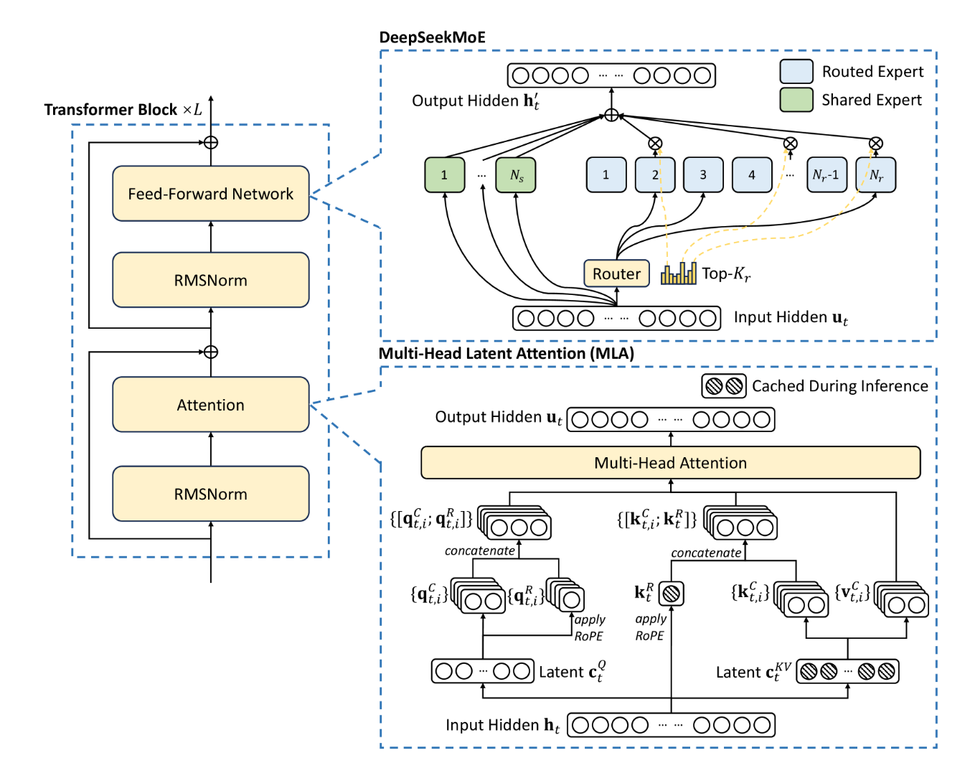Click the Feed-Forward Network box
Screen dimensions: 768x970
pyautogui.click(x=210, y=194)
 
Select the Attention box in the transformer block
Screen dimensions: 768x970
pyautogui.click(x=210, y=405)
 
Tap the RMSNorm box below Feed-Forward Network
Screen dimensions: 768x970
pyautogui.click(x=210, y=280)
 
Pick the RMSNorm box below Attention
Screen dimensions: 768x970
pyautogui.click(x=210, y=494)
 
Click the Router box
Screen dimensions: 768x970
pyautogui.click(x=616, y=273)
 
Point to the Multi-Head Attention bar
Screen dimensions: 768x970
pyautogui.click(x=670, y=463)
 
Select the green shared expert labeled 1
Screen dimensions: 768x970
pyautogui.click(x=444, y=175)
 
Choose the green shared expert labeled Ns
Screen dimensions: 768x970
pyautogui.click(x=516, y=175)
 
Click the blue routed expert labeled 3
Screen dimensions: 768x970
pyautogui.click(x=703, y=175)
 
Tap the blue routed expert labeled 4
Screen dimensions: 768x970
pyautogui.click(x=752, y=175)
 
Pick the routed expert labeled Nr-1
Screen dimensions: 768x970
pyautogui.click(x=827, y=175)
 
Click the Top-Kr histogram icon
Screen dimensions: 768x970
pyautogui.click(x=679, y=273)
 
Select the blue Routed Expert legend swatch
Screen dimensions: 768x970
pyautogui.click(x=796, y=72)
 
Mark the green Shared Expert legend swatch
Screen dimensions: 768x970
pyautogui.click(x=796, y=100)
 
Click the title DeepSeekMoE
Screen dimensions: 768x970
pyautogui.click(x=432, y=37)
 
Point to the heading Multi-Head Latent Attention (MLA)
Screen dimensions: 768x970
pyautogui.click(x=507, y=353)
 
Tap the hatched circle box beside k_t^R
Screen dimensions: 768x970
pyautogui.click(x=671, y=594)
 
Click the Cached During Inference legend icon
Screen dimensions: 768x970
pyautogui.click(x=723, y=386)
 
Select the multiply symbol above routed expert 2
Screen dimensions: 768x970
pyautogui.click(x=655, y=144)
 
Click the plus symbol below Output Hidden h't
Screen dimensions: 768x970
pyautogui.click(x=611, y=115)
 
